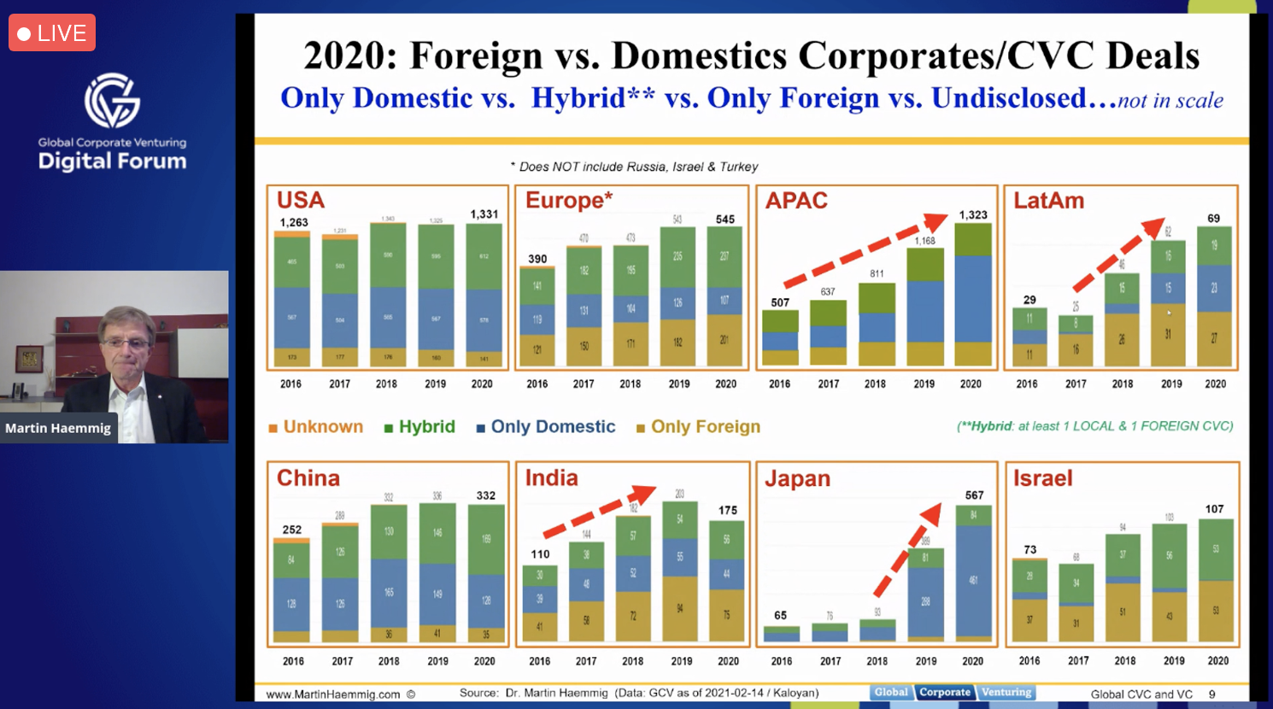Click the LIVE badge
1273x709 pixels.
coord(52,33)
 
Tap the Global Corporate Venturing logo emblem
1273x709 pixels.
coord(112,100)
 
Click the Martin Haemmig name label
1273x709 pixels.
coord(58,428)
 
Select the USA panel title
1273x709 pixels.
coord(300,201)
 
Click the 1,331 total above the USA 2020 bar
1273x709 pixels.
coord(484,214)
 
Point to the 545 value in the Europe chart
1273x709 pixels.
coord(724,220)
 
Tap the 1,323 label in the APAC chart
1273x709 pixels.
coord(972,215)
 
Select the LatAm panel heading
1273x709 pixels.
coord(1048,201)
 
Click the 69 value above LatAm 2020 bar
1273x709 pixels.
coord(1213,219)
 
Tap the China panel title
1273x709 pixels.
coord(308,478)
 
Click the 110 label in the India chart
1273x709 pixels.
coord(540,554)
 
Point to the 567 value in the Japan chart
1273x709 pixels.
coord(974,495)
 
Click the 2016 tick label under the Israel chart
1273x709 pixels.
coord(1030,661)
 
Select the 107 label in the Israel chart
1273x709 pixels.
coord(1214,509)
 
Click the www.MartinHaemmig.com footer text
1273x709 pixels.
coord(333,694)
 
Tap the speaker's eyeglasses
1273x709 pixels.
coord(126,343)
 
